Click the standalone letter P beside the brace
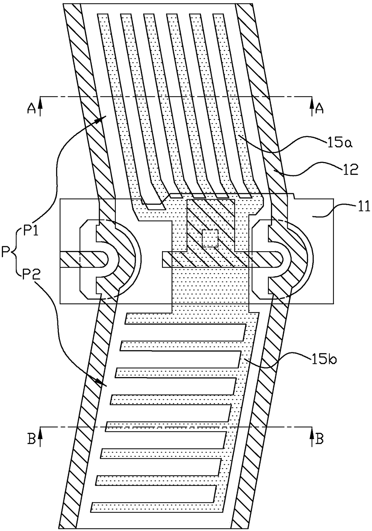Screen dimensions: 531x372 (6, 252)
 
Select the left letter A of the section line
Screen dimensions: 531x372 (31, 109)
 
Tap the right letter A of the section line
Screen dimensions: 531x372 (320, 109)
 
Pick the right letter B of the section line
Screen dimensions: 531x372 (320, 439)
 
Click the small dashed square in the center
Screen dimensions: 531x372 (210, 238)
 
